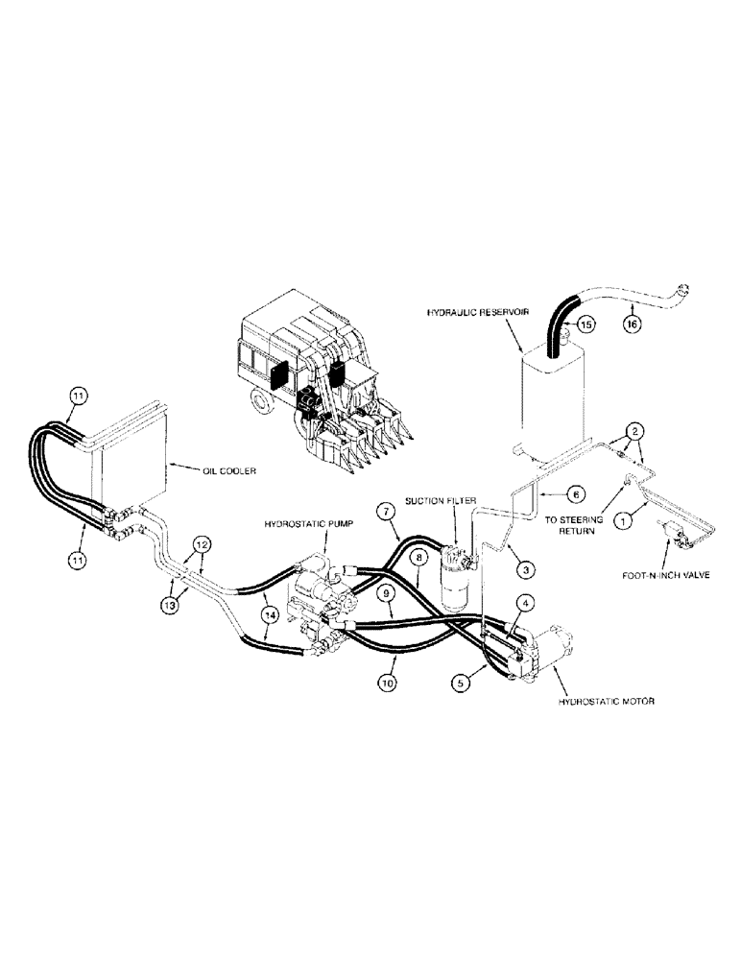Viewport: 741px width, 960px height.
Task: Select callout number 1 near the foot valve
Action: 625,521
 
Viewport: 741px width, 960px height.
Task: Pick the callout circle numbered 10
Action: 385,683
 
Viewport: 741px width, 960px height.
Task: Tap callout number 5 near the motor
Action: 463,683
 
